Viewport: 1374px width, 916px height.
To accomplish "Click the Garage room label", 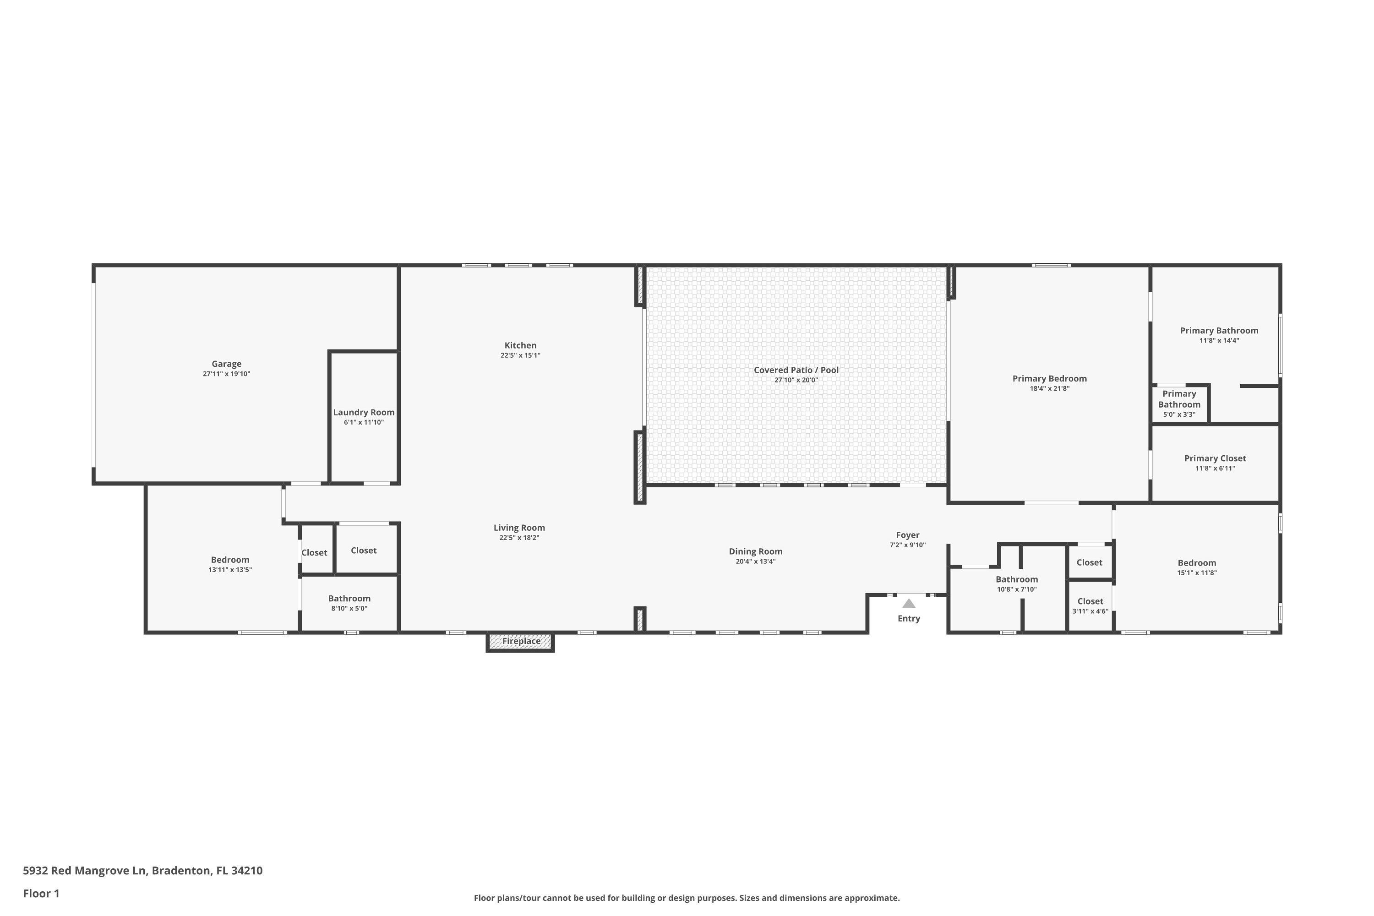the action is [226, 364].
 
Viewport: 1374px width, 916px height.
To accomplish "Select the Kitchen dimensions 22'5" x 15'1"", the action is [520, 355].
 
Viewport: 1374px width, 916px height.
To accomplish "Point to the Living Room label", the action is [519, 528].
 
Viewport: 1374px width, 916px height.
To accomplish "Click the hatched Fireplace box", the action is [520, 642].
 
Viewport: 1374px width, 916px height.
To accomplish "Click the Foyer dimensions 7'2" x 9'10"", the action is [907, 545].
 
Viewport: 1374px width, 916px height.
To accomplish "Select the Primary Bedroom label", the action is [1049, 379].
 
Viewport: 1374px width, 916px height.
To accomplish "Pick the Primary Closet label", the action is [1215, 458].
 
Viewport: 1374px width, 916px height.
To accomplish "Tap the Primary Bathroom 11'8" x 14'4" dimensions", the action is [1219, 341].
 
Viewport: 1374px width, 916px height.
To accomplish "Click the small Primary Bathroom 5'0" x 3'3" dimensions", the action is [1179, 415].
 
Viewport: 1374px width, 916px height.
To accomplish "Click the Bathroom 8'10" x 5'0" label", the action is [349, 598].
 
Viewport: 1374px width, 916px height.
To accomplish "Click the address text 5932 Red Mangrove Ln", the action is [84, 871].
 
